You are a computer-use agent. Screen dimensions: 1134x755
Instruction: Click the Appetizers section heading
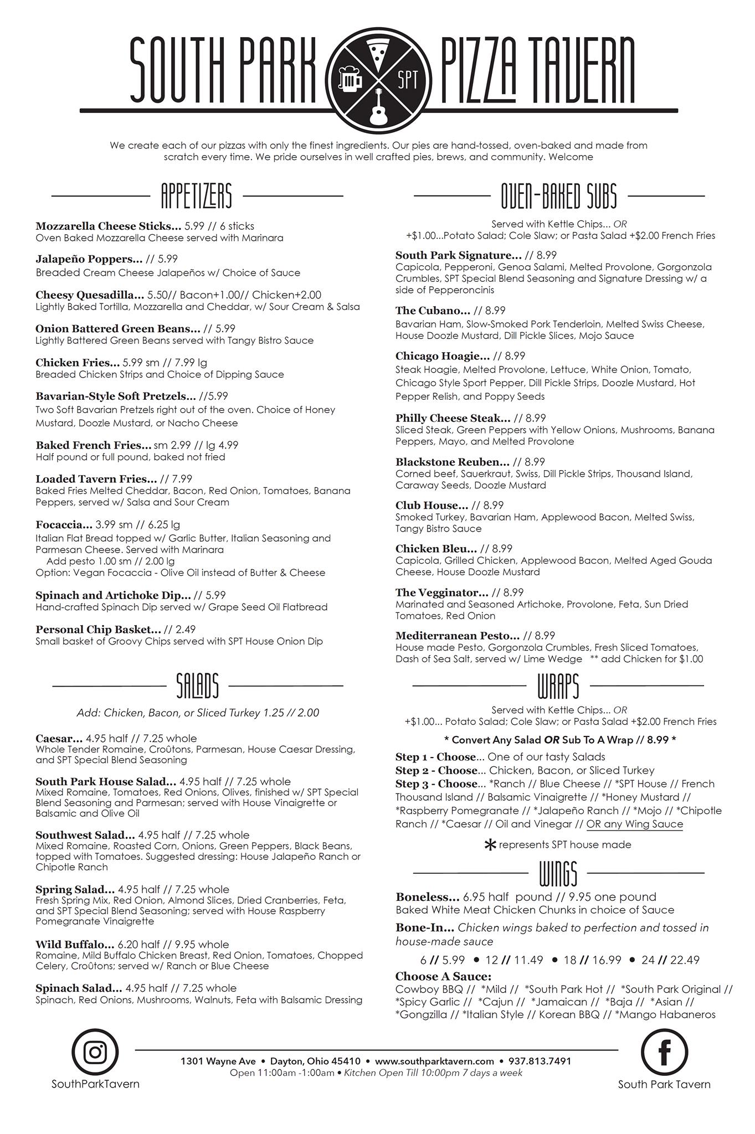point(196,196)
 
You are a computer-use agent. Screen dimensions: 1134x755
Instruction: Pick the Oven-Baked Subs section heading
point(559,196)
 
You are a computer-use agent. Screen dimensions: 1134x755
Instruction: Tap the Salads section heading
point(197,686)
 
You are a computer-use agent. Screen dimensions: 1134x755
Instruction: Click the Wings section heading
point(558,873)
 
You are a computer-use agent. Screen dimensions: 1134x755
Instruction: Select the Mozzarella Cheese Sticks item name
point(108,226)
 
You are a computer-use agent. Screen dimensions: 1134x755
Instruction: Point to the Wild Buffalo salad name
point(75,944)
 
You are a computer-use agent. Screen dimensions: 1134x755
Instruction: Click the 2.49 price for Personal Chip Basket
point(184,629)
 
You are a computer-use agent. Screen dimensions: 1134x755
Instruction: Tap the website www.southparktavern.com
point(434,1061)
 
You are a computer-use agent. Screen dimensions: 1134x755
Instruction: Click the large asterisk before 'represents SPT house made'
point(490,846)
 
